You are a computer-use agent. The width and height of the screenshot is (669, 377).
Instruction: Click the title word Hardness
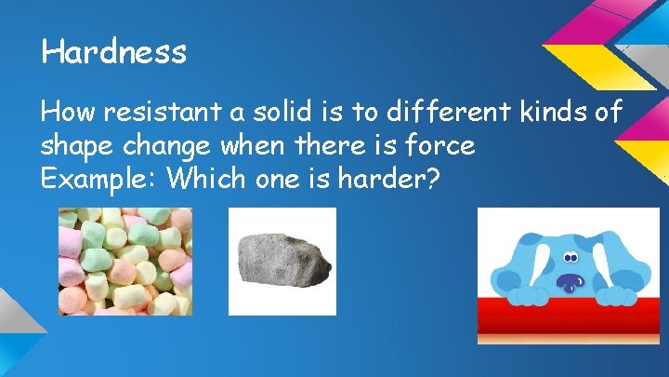[113, 52]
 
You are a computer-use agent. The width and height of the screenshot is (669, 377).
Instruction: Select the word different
[436, 114]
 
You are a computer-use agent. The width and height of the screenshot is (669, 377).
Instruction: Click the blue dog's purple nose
[569, 281]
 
